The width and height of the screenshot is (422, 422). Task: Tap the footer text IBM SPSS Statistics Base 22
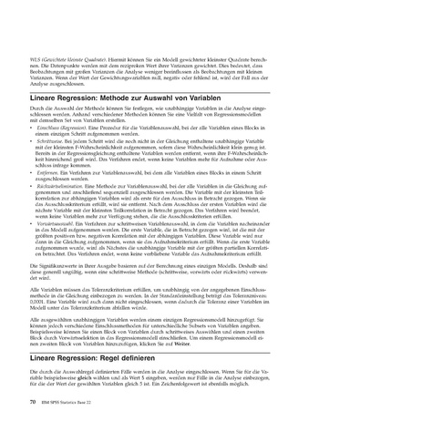coord(72,398)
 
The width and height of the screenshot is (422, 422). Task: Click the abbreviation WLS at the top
coord(37,57)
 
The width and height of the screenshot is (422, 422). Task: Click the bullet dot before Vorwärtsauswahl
coord(33,221)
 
